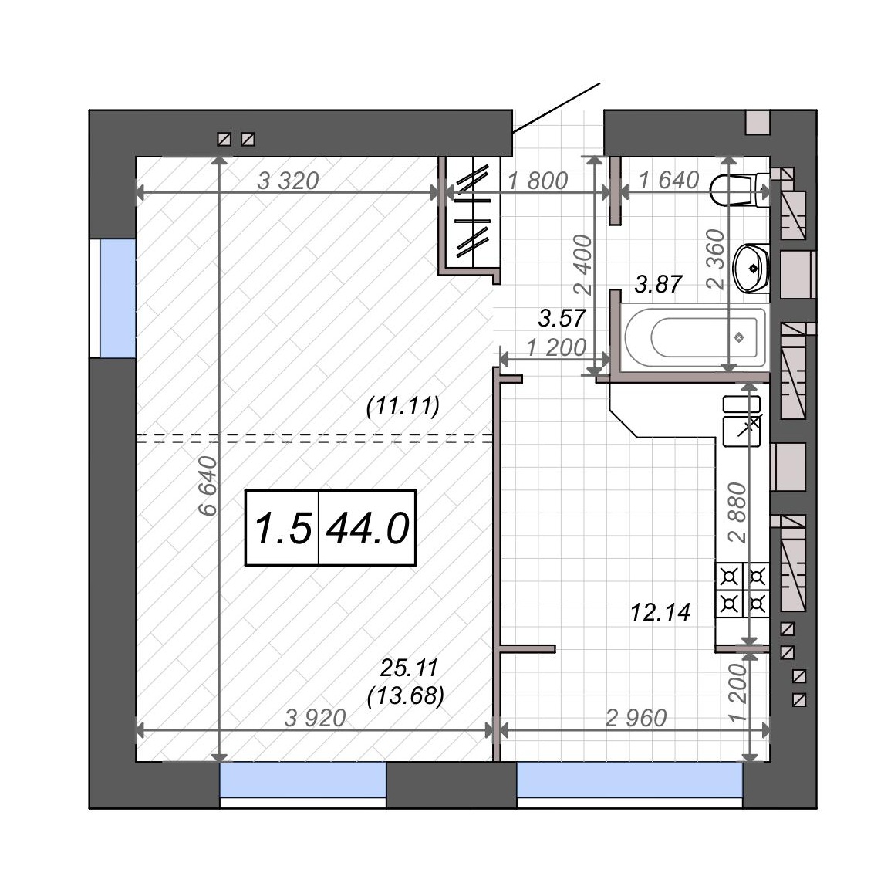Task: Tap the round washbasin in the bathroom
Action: [751, 269]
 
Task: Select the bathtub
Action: [695, 337]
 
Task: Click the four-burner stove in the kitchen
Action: [743, 590]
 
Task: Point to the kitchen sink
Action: [741, 421]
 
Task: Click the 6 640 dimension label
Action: [208, 485]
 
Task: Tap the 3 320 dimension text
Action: [288, 181]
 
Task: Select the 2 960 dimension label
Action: [636, 719]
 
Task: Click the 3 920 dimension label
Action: [316, 719]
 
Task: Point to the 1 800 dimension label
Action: [538, 181]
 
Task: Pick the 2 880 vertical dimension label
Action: [737, 513]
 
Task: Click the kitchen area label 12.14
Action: [660, 613]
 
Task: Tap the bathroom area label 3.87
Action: [658, 284]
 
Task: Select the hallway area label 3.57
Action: [562, 318]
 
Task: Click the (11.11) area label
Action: [403, 406]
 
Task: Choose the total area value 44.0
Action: [368, 528]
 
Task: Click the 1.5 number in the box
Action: [283, 528]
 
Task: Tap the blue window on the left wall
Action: [117, 298]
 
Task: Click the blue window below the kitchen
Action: [629, 780]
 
